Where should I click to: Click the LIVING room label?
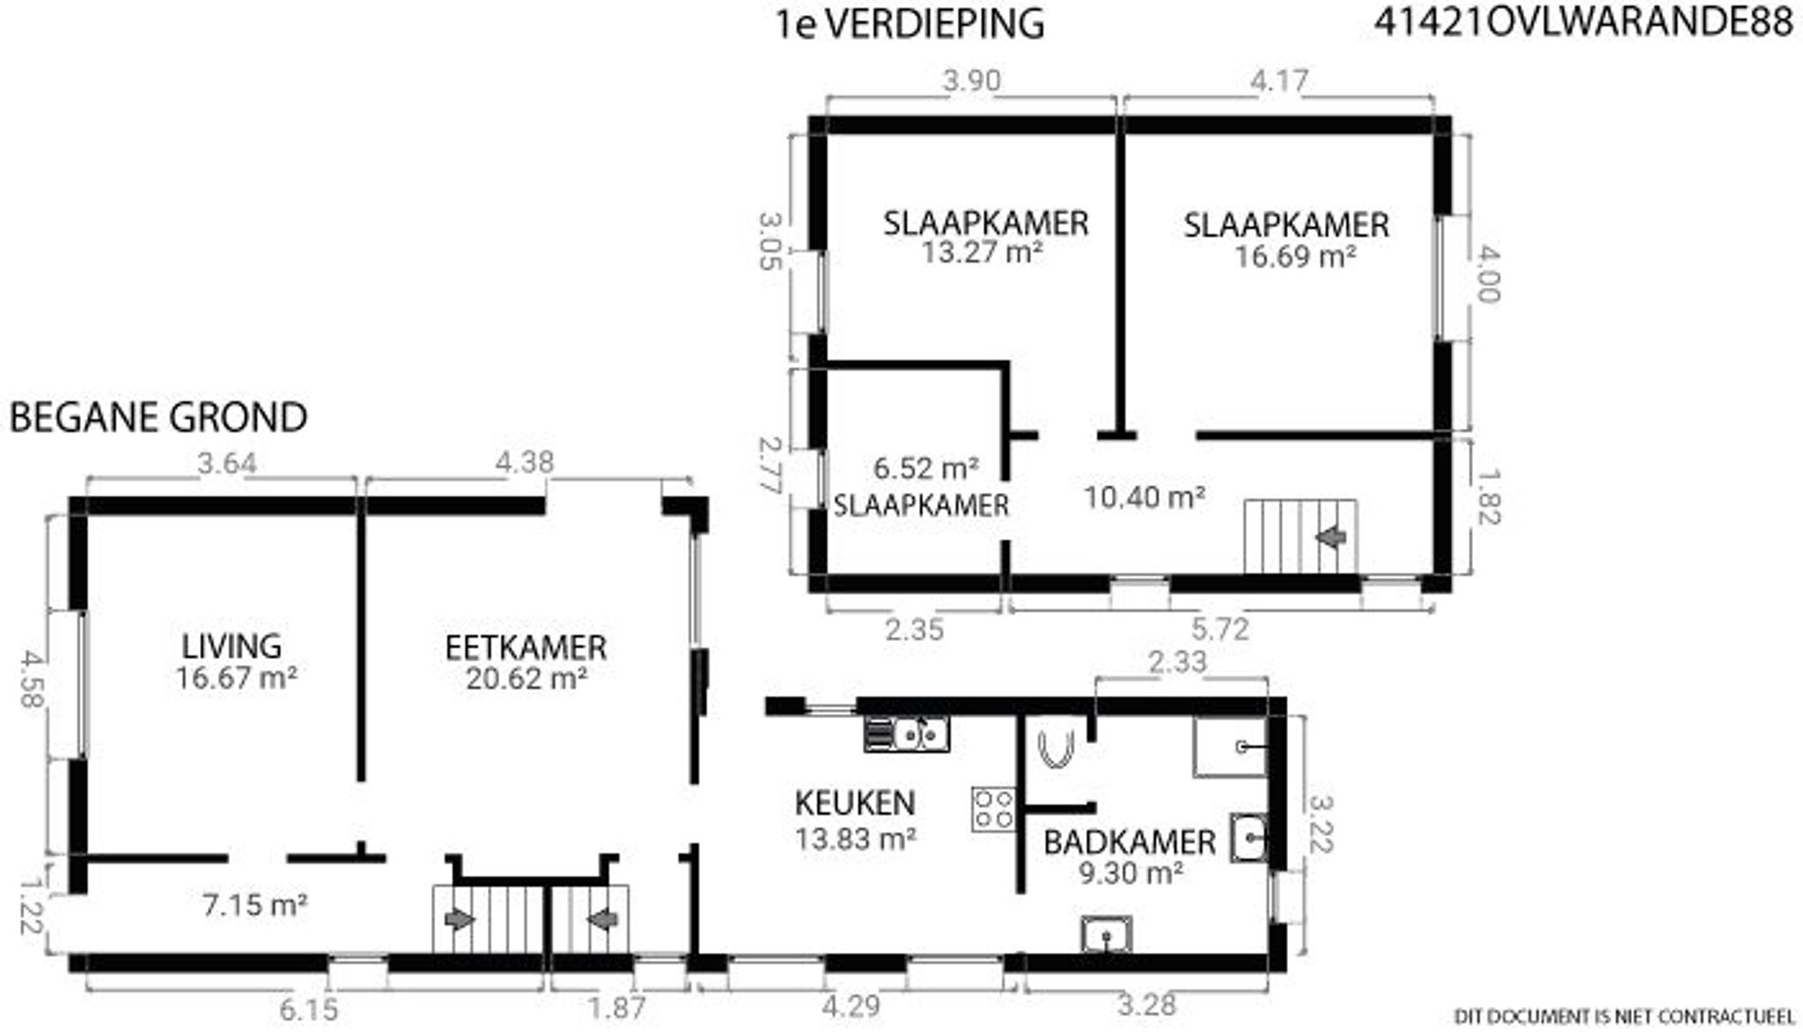(x=232, y=646)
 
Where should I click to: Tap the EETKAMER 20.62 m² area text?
(x=526, y=678)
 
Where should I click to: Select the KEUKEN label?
(x=855, y=803)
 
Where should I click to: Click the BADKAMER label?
(x=1130, y=843)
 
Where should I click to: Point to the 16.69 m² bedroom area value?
(x=1294, y=257)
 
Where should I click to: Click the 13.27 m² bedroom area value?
(x=982, y=253)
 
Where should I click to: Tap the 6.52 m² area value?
(x=926, y=468)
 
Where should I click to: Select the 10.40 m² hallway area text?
(x=1144, y=498)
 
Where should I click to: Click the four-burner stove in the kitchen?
(x=993, y=808)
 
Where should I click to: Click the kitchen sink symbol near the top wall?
(x=907, y=733)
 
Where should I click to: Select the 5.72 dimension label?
(x=1220, y=629)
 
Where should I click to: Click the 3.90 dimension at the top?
(x=972, y=81)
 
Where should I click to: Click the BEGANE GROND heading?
(x=158, y=417)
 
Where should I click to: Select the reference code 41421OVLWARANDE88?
(x=1584, y=23)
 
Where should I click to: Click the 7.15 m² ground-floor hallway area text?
(x=255, y=904)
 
